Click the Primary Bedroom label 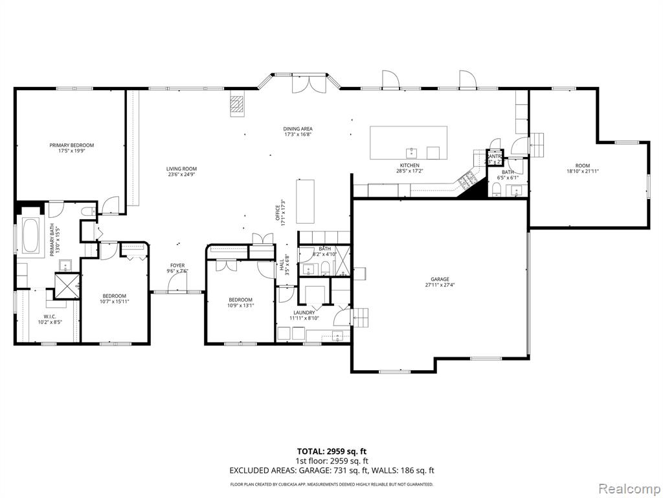[72, 145]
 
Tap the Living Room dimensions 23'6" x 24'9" [181, 174]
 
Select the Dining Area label [298, 128]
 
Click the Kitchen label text [409, 165]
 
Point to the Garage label [440, 279]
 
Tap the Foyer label [177, 265]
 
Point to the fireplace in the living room [238, 105]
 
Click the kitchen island [409, 142]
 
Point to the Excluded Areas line [331, 471]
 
